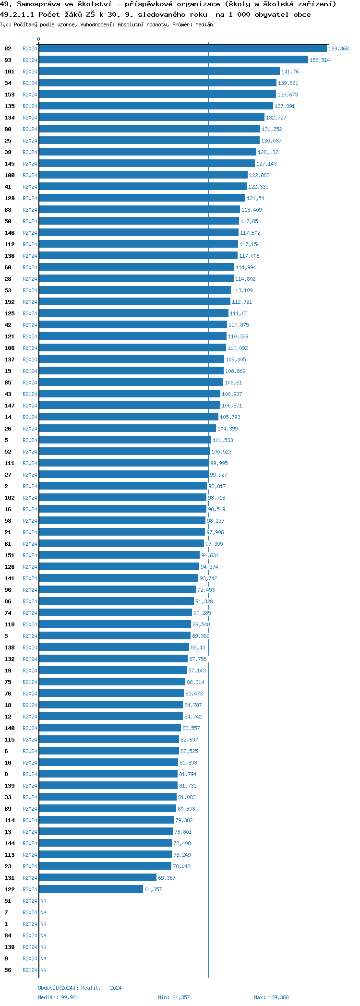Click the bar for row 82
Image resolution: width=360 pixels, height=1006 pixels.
click(182, 48)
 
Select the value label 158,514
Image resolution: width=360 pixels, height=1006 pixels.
click(320, 60)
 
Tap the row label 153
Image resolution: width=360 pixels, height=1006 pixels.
click(10, 95)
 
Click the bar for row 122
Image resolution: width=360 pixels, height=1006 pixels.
click(91, 889)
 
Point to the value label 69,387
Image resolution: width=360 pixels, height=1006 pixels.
click(167, 878)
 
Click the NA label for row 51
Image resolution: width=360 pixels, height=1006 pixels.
click(43, 901)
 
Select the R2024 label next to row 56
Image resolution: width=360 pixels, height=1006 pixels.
click(30, 970)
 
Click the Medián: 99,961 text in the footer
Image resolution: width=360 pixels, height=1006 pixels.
click(58, 997)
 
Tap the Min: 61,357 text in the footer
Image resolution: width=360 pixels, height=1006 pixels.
click(174, 997)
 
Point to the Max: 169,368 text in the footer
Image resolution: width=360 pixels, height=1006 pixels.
click(271, 997)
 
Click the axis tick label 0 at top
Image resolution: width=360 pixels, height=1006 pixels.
click(39, 39)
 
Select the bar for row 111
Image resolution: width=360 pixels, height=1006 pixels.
click(123, 463)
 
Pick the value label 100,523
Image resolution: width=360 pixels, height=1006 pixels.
click(221, 452)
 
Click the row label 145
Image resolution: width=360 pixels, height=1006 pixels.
click(10, 164)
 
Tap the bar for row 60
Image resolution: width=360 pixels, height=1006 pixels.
click(136, 267)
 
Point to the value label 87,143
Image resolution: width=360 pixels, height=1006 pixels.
click(197, 671)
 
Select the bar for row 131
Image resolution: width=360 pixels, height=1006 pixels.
click(97, 878)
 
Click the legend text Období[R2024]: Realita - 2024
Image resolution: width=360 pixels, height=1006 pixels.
click(80, 988)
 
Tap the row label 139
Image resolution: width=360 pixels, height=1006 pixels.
click(10, 786)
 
